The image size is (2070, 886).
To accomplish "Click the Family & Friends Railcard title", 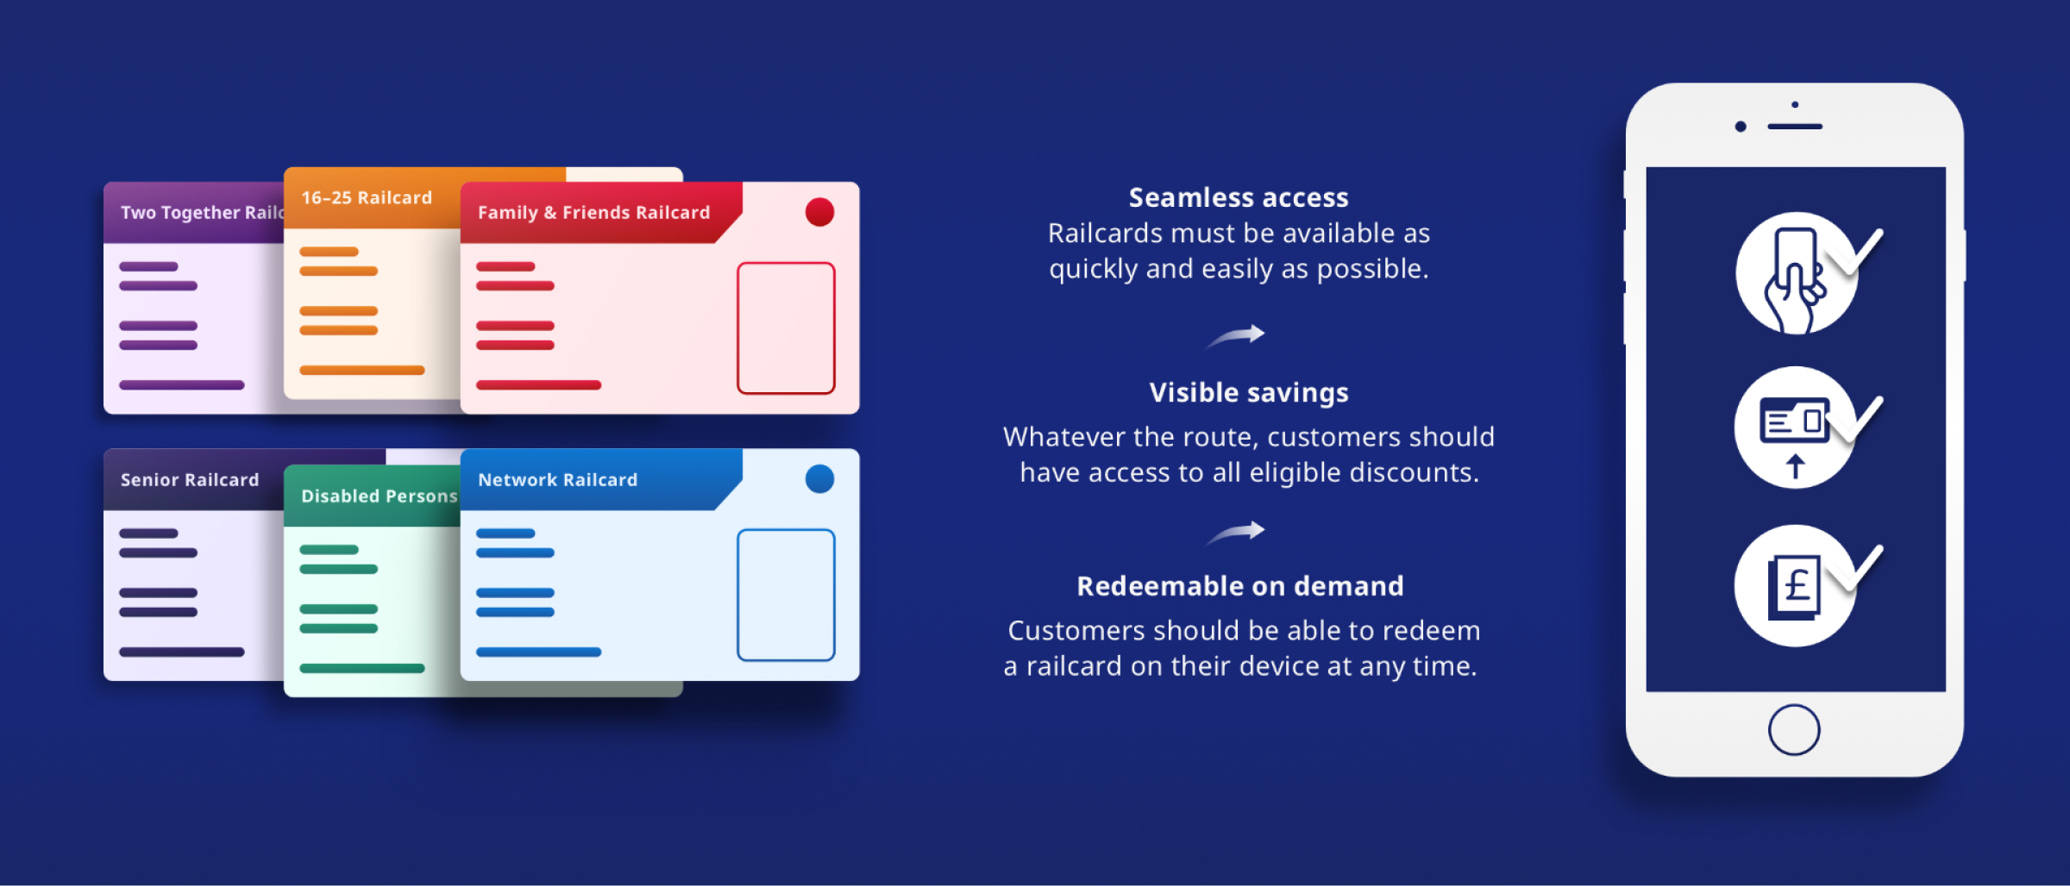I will (x=593, y=213).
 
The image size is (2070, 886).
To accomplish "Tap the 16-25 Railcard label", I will (x=367, y=198).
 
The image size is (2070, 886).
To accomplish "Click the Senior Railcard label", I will (x=190, y=480).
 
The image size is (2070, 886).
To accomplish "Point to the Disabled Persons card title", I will (x=379, y=496).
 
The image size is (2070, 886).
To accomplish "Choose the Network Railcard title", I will (x=557, y=480).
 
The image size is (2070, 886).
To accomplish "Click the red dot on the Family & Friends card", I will (x=819, y=212).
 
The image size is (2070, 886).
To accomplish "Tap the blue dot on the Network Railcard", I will (x=819, y=479).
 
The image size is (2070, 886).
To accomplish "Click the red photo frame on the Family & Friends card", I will (x=786, y=328).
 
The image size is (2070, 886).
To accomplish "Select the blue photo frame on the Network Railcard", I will (x=786, y=596).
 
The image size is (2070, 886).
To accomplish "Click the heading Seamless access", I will (x=1239, y=198).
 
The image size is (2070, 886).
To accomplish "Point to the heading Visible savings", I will (x=1249, y=393).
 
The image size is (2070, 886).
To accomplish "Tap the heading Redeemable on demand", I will (x=1240, y=587).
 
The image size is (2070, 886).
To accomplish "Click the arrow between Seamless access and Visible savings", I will (x=1236, y=335).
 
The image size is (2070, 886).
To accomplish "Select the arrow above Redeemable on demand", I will (x=1236, y=532).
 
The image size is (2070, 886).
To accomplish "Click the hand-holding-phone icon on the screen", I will (x=1796, y=273).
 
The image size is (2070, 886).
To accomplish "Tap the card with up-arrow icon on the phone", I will (x=1795, y=428).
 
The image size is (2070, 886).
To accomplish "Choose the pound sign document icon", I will (x=1795, y=587).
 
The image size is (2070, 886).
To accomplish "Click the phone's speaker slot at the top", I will (x=1794, y=127).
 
